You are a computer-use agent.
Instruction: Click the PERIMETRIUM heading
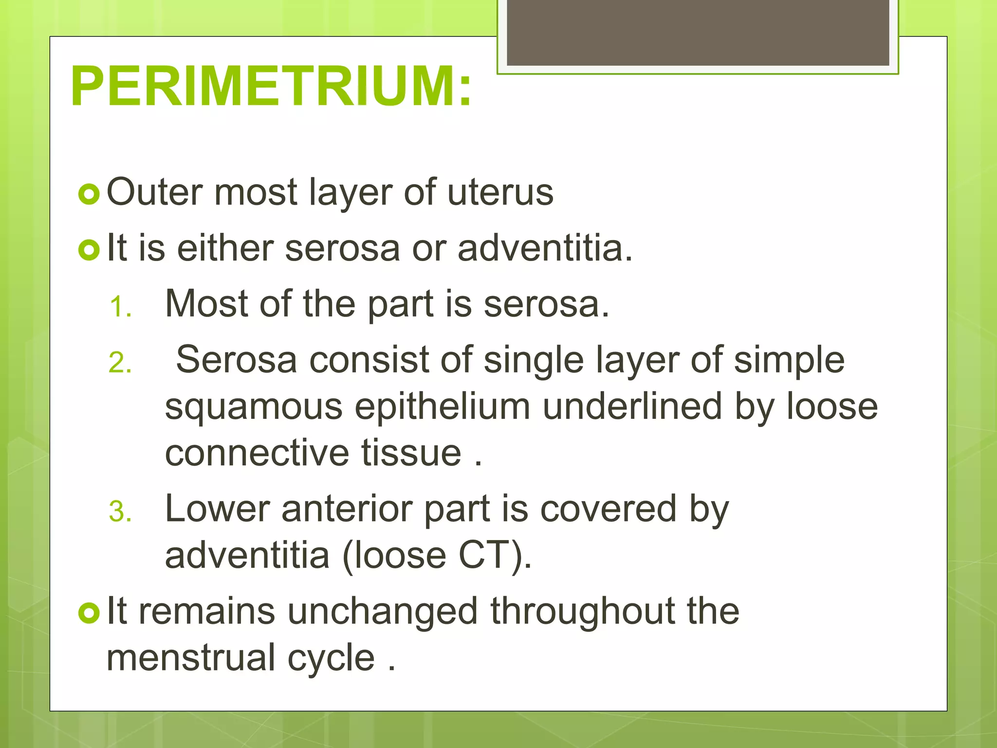(271, 87)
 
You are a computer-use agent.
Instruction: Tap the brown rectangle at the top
(698, 33)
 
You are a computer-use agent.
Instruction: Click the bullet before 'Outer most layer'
(89, 194)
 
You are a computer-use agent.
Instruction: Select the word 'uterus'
(500, 192)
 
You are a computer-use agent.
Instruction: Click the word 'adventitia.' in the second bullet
(545, 248)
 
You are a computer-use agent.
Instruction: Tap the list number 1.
(120, 308)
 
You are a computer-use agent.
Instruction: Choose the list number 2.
(120, 363)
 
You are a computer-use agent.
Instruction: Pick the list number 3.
(120, 512)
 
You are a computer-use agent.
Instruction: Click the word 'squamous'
(254, 408)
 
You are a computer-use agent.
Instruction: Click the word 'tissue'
(411, 453)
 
